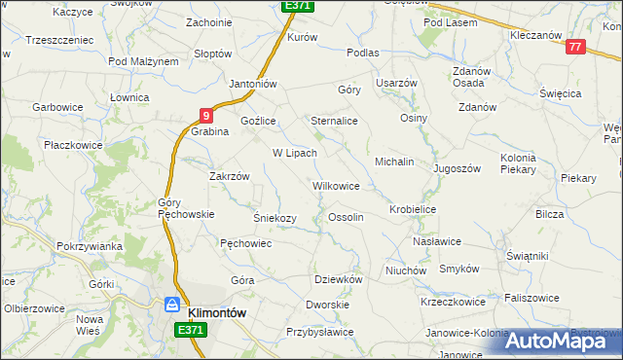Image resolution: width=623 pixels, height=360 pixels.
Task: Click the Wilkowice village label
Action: point(336,185)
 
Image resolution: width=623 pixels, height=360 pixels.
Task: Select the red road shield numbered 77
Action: point(574,47)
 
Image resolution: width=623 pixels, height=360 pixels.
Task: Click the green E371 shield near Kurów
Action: point(297,6)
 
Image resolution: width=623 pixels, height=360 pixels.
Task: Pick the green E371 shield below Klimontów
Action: point(192,331)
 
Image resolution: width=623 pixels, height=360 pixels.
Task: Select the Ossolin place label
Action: point(347,217)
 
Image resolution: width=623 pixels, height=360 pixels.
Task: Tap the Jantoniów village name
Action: point(254,84)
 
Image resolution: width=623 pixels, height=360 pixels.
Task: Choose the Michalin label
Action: point(395,161)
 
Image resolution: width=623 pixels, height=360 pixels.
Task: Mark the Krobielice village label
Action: point(413,209)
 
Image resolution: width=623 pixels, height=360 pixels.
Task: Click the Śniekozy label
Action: point(275,218)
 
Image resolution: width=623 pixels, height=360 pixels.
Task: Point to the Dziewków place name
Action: point(339,279)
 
